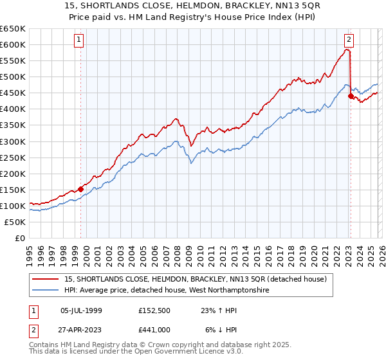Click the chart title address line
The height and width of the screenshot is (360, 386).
pos(193,6)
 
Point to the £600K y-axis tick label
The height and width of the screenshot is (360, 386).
pos(13,44)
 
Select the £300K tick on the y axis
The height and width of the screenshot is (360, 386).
pos(13,141)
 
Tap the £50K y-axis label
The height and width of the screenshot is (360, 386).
pos(15,222)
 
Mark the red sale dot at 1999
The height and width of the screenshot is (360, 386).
pos(80,189)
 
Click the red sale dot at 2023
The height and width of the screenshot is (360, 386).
pos(351,96)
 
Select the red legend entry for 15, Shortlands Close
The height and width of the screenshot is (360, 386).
pos(199,279)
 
